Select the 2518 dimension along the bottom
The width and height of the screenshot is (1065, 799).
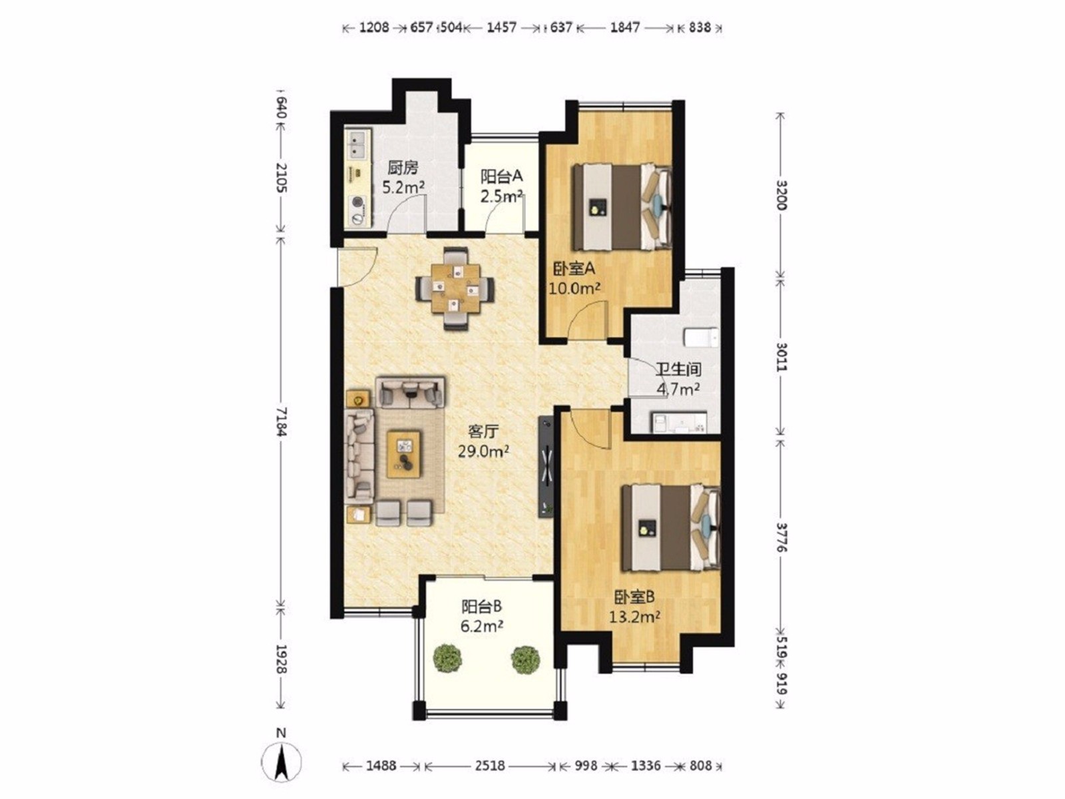[x=489, y=766]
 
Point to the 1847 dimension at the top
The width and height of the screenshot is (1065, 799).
[x=625, y=28]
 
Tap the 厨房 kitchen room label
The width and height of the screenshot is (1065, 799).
[x=402, y=168]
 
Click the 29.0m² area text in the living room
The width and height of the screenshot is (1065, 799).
[x=484, y=452]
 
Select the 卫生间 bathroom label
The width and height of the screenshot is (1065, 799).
[x=679, y=370]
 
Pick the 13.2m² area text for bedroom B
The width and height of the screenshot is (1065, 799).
[x=635, y=617]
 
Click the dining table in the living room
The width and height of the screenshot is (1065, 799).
[x=455, y=289]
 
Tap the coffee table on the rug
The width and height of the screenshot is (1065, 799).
[x=403, y=453]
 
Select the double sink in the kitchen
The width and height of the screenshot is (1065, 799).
[x=359, y=144]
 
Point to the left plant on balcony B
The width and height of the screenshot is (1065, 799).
[x=447, y=659]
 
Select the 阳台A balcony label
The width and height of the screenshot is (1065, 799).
[x=502, y=176]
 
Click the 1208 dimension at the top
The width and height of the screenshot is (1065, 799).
[x=374, y=28]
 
